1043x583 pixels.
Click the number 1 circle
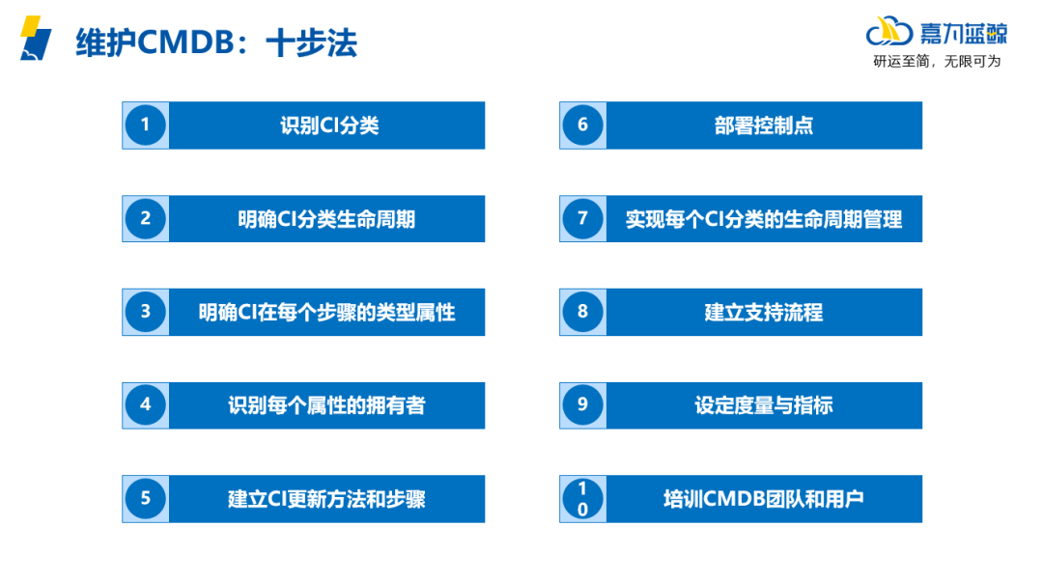(x=146, y=125)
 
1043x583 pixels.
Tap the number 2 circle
(x=146, y=218)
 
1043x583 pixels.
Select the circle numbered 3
(x=146, y=312)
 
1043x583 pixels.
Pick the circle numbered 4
(x=146, y=405)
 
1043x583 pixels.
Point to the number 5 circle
(x=146, y=499)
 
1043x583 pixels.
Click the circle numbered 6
(x=582, y=125)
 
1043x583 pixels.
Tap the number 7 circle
(x=582, y=218)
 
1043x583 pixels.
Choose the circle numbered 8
(x=582, y=312)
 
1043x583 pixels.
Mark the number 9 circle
(x=582, y=405)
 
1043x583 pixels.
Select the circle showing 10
(x=582, y=499)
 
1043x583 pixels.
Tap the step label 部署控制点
(x=763, y=125)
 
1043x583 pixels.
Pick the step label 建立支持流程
(x=763, y=313)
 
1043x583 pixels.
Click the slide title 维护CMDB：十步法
(x=216, y=43)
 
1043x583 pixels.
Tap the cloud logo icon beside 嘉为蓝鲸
(x=889, y=33)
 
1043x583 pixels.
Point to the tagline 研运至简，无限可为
(x=937, y=62)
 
